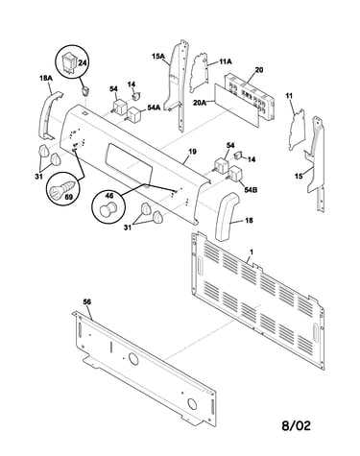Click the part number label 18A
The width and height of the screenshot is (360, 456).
pyautogui.click(x=46, y=78)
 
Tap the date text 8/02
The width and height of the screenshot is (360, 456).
pyautogui.click(x=296, y=425)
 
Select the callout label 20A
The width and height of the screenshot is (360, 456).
pyautogui.click(x=200, y=103)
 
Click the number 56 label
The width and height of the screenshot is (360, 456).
pyautogui.click(x=87, y=301)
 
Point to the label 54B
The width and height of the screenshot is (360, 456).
pyautogui.click(x=251, y=190)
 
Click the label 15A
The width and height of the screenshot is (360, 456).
pyautogui.click(x=158, y=57)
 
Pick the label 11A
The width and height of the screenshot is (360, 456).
pyautogui.click(x=226, y=61)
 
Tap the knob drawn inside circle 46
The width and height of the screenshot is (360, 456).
pyautogui.click(x=108, y=208)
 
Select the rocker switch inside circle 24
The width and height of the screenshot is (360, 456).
pyautogui.click(x=68, y=62)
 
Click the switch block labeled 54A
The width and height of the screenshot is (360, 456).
pyautogui.click(x=134, y=114)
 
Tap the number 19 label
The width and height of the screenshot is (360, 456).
pyautogui.click(x=192, y=152)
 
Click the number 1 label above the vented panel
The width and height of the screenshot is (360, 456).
pyautogui.click(x=252, y=252)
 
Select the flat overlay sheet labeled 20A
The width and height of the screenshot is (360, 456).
pyautogui.click(x=236, y=105)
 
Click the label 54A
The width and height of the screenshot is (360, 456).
pyautogui.click(x=154, y=108)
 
